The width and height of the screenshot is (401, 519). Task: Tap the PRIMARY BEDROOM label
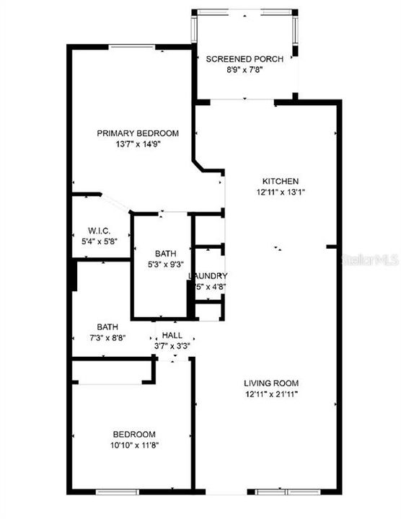(x=138, y=133)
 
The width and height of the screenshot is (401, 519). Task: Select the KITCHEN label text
(x=280, y=181)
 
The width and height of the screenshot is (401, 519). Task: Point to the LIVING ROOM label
(x=270, y=383)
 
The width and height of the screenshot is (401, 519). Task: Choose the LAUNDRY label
(x=208, y=276)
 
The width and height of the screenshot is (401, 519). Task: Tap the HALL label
(x=172, y=335)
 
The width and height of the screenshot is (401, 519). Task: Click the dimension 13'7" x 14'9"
(x=138, y=143)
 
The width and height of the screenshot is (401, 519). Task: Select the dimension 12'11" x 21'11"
(x=270, y=394)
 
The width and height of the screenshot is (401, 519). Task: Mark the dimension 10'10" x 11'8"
(x=134, y=445)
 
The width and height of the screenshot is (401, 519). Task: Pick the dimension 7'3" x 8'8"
(x=107, y=337)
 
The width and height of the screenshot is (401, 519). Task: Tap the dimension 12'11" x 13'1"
(x=280, y=192)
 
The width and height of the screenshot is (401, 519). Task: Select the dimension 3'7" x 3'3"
(x=172, y=345)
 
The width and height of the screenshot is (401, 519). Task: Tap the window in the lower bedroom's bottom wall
(x=118, y=493)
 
